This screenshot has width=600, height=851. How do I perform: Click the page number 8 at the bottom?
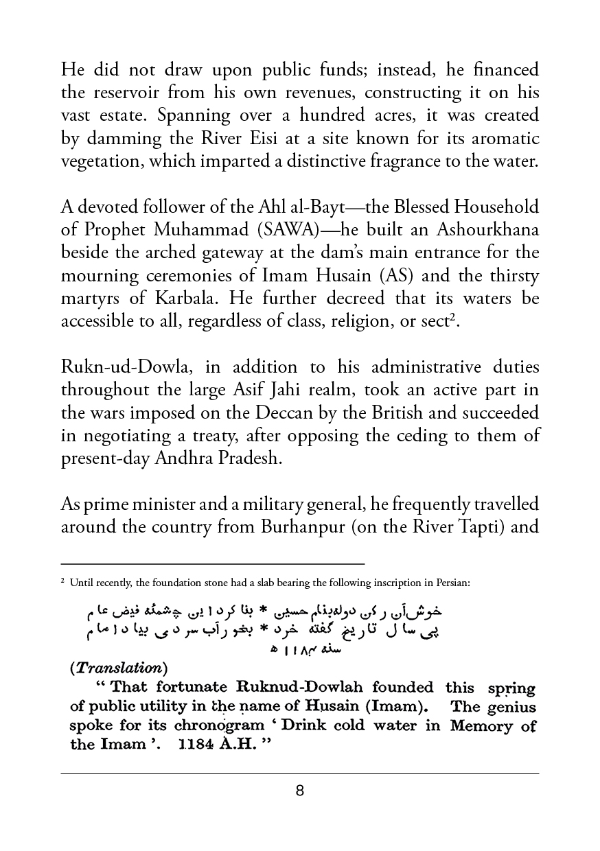[299, 791]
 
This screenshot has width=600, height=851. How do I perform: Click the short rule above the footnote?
[213, 564]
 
